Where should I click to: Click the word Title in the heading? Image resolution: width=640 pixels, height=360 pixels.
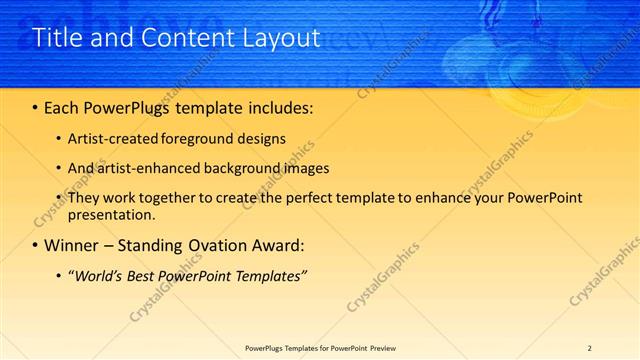56,39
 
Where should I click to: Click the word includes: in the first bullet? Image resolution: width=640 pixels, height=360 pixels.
277,106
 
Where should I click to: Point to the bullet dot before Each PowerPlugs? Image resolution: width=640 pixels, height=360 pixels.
36,106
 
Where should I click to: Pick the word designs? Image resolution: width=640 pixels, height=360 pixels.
260,139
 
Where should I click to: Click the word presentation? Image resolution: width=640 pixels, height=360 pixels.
111,215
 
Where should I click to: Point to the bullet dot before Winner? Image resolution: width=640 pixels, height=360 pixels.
36,245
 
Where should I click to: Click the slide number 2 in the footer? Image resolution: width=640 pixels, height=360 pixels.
590,348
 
